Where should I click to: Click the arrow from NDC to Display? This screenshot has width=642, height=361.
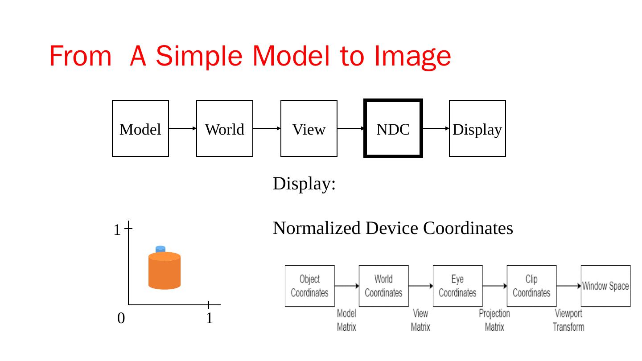436,128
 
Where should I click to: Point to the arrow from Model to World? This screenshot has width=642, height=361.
182,128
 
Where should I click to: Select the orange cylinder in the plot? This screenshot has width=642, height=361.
165,272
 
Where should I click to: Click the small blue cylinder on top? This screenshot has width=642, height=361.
160,249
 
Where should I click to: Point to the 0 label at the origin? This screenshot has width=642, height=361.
121,318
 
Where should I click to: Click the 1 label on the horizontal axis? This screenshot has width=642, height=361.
209,318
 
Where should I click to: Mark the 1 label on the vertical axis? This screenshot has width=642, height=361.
116,230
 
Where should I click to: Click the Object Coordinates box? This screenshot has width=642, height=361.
309,286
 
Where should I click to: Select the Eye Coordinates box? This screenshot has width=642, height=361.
457,286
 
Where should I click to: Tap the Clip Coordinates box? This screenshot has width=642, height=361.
531,286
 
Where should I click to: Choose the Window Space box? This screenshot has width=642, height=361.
605,286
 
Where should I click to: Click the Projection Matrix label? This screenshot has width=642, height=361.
494,320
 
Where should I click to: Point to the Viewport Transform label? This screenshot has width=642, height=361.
568,320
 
